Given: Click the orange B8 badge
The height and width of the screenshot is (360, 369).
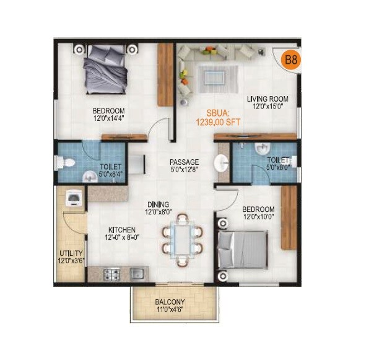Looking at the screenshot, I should tap(290, 60).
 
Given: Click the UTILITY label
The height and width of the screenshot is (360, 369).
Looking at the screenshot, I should tap(71, 253).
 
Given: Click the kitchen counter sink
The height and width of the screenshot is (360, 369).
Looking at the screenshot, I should tap(137, 272).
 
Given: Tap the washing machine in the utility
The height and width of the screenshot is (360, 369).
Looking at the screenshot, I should tap(73, 197).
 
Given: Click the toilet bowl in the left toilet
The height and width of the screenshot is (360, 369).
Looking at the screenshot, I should tap(67, 163).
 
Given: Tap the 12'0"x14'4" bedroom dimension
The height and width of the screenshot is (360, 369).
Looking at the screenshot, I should tap(104, 118).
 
